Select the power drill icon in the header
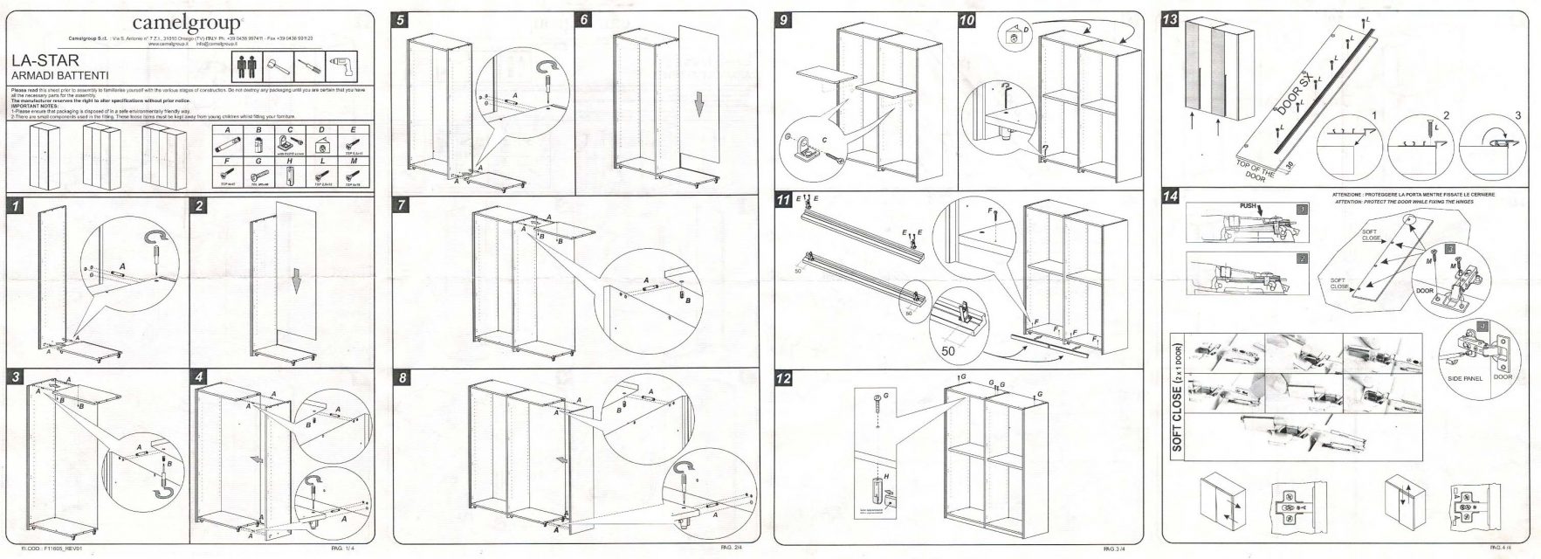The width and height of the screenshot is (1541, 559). [341, 66]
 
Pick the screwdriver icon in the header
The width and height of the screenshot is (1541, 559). [308, 66]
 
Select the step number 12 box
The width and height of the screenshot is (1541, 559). [785, 379]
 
